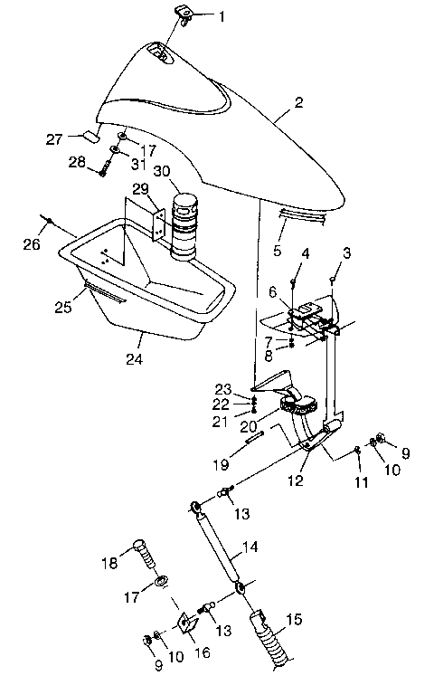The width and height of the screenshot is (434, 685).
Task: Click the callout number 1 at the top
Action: (x=222, y=15)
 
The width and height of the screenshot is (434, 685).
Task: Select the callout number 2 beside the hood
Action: (x=299, y=115)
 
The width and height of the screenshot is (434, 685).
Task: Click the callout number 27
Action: (x=53, y=138)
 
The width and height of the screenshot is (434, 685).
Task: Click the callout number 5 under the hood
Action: (x=278, y=250)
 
